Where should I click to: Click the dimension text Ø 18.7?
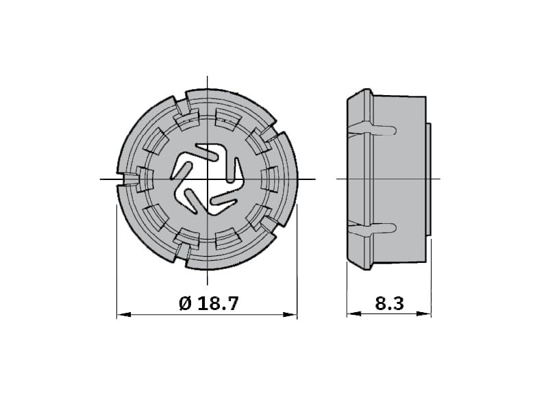click(x=209, y=303)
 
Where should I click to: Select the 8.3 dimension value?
click(x=389, y=303)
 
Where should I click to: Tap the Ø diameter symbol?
click(x=186, y=303)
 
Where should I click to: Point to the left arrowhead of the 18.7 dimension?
click(x=124, y=315)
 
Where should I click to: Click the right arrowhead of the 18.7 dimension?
click(x=290, y=315)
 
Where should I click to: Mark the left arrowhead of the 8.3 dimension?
click(x=353, y=313)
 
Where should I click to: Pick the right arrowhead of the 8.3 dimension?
click(x=424, y=313)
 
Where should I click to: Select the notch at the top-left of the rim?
click(x=181, y=104)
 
